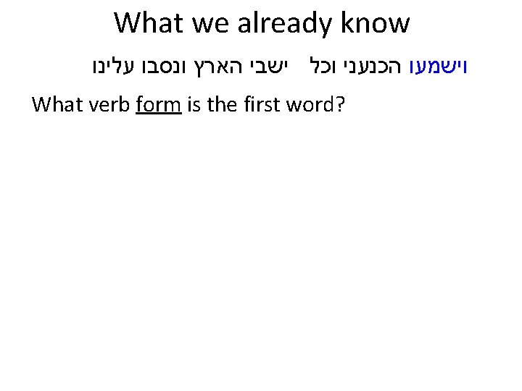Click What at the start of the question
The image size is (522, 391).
pyautogui.click(x=57, y=106)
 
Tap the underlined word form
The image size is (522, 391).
pyautogui.click(x=158, y=106)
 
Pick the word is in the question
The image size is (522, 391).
pyautogui.click(x=193, y=106)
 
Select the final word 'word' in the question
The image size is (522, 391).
pyautogui.click(x=308, y=106)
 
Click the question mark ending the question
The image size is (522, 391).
pyautogui.click(x=338, y=106)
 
